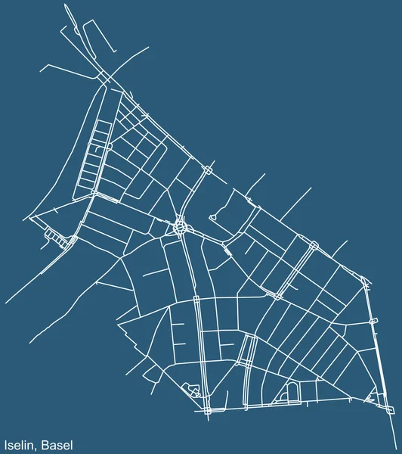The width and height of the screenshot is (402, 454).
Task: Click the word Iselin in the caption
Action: (x=20, y=444)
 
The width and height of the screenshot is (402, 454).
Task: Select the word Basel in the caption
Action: (x=58, y=444)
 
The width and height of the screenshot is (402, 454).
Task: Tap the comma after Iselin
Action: (x=39, y=447)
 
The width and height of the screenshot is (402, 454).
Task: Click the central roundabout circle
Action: (x=180, y=225)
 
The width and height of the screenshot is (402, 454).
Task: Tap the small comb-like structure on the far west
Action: (x=54, y=236)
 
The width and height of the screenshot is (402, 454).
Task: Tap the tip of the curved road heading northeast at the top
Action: (x=149, y=47)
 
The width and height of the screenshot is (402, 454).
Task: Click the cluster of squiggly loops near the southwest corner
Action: (x=193, y=389)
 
